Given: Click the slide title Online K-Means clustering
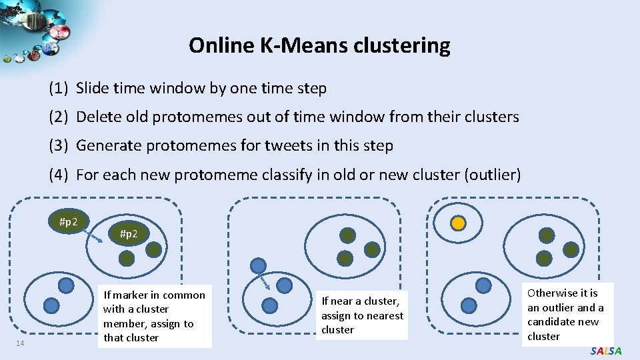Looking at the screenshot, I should (x=319, y=45).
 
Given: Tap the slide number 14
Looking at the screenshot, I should (x=21, y=343).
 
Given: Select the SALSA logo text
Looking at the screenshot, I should (x=605, y=351).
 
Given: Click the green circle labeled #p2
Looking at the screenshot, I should (x=129, y=234).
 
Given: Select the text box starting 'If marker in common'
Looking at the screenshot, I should (x=154, y=316).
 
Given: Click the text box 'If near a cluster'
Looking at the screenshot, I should (x=362, y=315).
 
